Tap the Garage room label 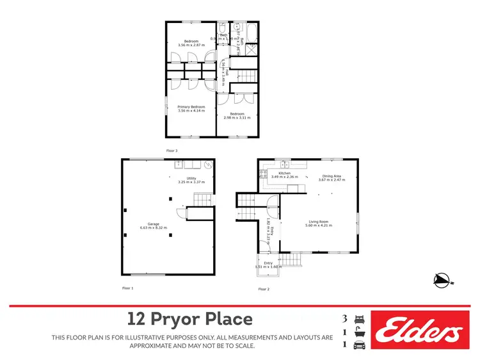coord(151,224)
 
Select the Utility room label coord(191,178)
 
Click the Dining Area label coord(332,176)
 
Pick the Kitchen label coord(284,173)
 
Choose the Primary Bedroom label coord(191,106)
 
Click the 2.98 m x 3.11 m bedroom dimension coord(237,118)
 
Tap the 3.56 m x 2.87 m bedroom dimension coord(191,45)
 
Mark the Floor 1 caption coord(128,289)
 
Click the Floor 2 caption coord(264,290)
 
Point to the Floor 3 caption coord(172,151)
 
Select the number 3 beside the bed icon coord(346,318)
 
